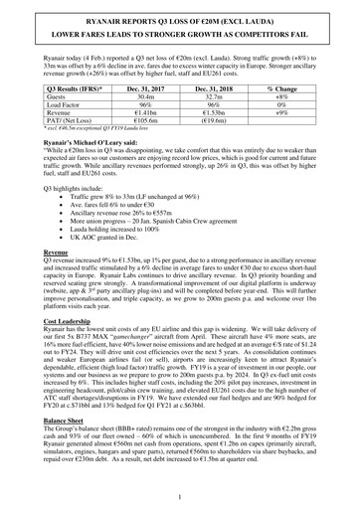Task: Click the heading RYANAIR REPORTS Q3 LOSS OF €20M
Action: click(180, 20)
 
